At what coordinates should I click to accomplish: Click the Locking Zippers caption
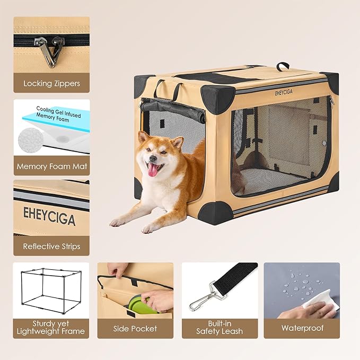(x=51, y=83)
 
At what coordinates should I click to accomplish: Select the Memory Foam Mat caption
(x=51, y=166)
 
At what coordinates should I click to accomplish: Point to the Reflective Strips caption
(x=51, y=247)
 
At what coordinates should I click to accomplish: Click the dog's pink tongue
(x=153, y=170)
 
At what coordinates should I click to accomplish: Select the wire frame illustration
(x=51, y=292)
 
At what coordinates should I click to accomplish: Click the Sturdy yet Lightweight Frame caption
(x=51, y=328)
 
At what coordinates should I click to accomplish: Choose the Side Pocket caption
(x=135, y=328)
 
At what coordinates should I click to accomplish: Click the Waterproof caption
(x=302, y=328)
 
